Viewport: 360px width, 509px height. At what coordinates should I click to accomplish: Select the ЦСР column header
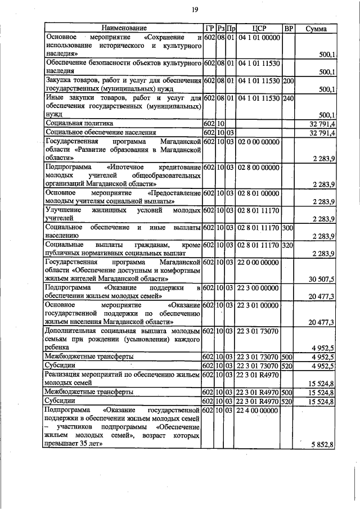pos(259,28)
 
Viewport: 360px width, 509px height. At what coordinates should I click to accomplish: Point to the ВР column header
pos(288,28)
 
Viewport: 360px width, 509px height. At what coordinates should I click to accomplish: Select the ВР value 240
pos(288,98)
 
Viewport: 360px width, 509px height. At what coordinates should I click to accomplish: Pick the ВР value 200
pos(288,80)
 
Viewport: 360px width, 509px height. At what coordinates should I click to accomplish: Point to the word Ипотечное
pos(125,167)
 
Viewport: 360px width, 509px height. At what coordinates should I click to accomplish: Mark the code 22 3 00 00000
pos(259,288)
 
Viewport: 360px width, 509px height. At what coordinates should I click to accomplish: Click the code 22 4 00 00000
pos(259,411)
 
